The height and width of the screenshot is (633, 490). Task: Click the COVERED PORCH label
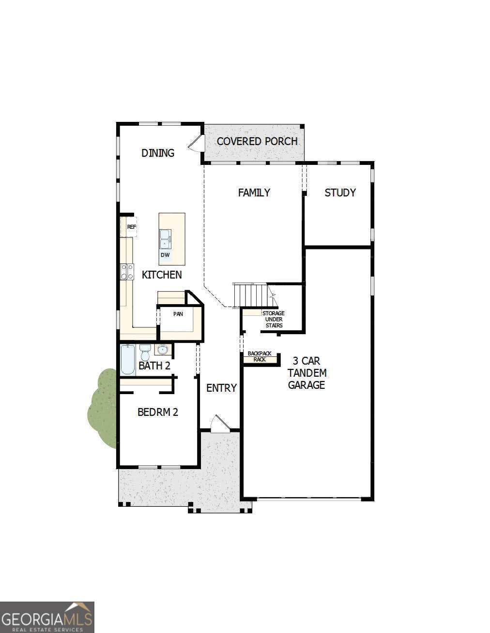tap(257, 141)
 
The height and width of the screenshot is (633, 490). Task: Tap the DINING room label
tap(158, 153)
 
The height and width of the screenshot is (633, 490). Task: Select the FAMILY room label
tap(254, 192)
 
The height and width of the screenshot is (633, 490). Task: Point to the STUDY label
tap(340, 192)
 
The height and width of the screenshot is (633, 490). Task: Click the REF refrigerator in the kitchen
tap(131, 227)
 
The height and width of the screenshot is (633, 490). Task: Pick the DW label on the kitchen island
tap(165, 255)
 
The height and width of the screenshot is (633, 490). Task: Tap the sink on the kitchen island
tap(165, 238)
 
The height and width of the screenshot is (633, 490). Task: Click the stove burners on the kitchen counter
tap(127, 271)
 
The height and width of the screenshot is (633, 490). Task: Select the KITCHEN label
tap(162, 275)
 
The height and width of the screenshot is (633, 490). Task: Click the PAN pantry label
tap(178, 314)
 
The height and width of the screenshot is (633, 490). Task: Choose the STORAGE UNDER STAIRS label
tap(274, 319)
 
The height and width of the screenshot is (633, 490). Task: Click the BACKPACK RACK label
tap(260, 356)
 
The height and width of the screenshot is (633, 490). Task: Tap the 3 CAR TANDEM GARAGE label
tap(306, 373)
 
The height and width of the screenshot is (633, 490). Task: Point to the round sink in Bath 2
tap(163, 349)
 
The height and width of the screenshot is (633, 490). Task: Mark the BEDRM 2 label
tap(158, 412)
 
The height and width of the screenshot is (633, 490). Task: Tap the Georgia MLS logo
tap(47, 617)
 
